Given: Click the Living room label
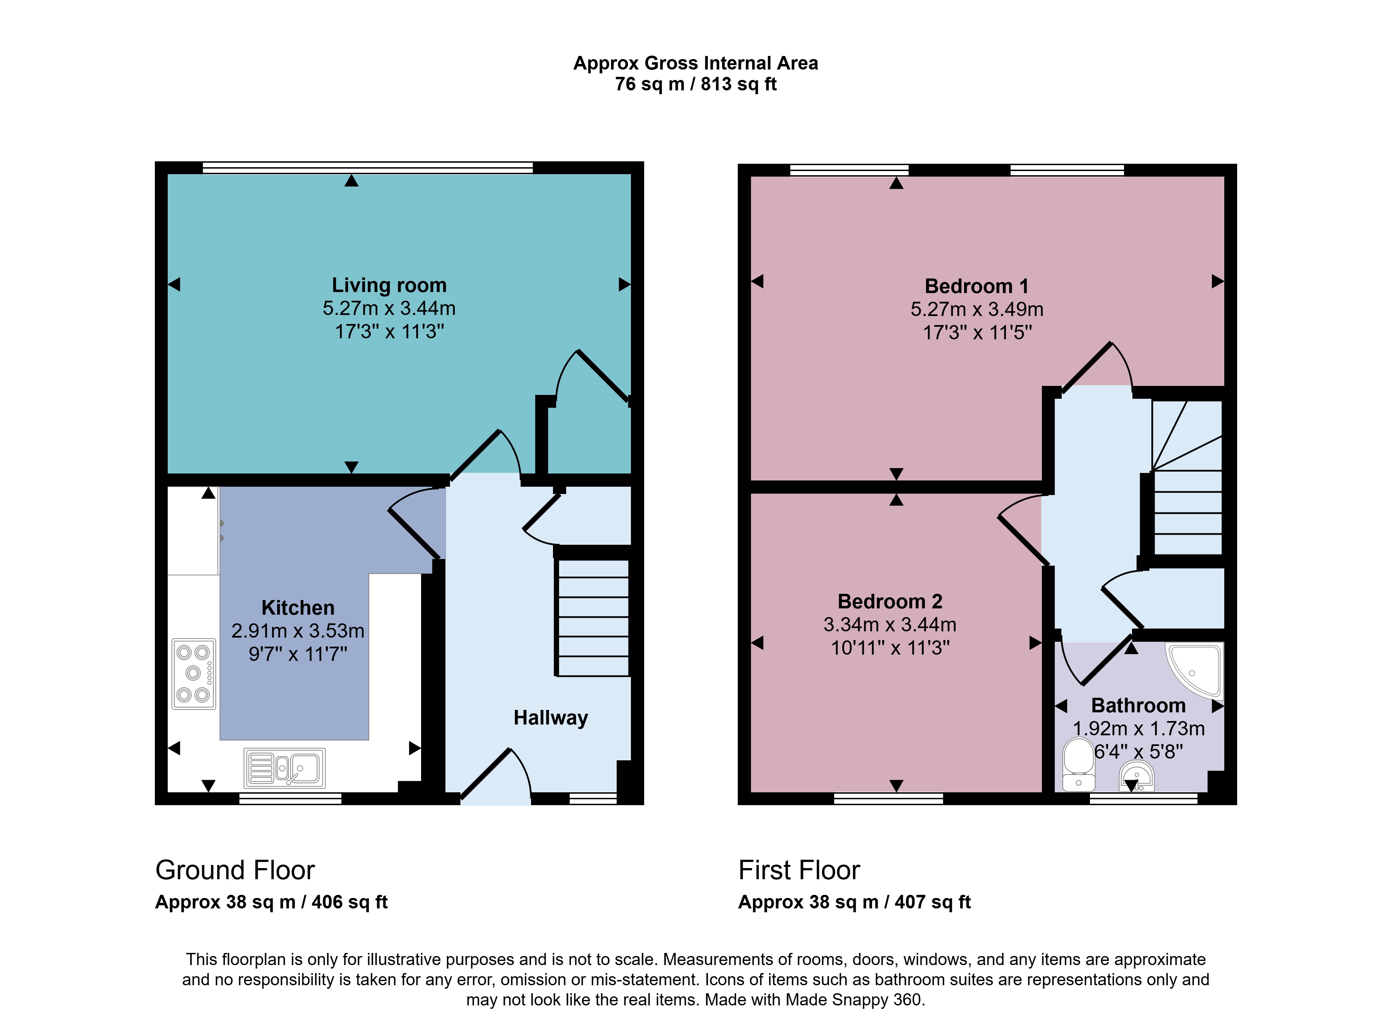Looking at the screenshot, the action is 389,285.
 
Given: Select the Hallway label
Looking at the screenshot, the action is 551,718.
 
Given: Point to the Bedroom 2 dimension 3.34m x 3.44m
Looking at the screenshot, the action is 890,625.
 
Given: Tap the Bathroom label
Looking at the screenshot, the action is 1138,705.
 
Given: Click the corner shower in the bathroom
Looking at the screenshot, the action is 1194,669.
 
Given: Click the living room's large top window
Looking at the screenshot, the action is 368,168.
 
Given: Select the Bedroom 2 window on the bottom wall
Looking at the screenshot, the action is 888,798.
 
